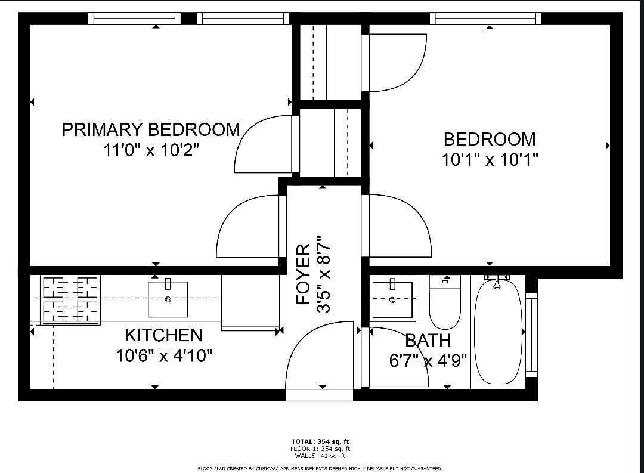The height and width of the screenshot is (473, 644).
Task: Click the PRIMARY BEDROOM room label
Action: click(151, 129)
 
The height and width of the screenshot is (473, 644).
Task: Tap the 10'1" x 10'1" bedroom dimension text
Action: click(490, 160)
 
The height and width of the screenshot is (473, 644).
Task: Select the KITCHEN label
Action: click(163, 335)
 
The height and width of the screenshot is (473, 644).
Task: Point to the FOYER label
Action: click(304, 274)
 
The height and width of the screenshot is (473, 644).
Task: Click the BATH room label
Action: click(428, 341)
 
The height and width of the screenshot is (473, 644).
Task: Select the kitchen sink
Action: click(168, 298)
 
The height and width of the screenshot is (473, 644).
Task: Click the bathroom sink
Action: click(392, 299)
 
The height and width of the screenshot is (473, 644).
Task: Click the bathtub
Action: click(497, 331)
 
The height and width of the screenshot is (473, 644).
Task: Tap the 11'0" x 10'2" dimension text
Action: click(151, 150)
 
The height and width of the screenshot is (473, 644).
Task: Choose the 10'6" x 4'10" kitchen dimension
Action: click(165, 356)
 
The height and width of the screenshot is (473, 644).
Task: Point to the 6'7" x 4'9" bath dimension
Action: click(428, 361)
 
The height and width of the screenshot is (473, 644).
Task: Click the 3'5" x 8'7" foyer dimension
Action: click(323, 274)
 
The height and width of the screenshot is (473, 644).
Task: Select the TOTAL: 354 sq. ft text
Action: click(320, 441)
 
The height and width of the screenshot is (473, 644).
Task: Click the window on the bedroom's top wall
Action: click(485, 18)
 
